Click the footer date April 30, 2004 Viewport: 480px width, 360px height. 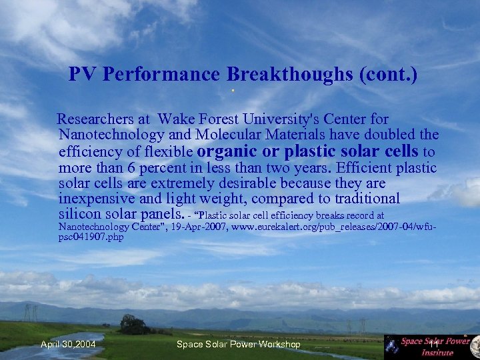tap(67, 344)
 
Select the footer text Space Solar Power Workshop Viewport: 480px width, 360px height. tap(238, 344)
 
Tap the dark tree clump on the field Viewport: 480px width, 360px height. tap(134, 325)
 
